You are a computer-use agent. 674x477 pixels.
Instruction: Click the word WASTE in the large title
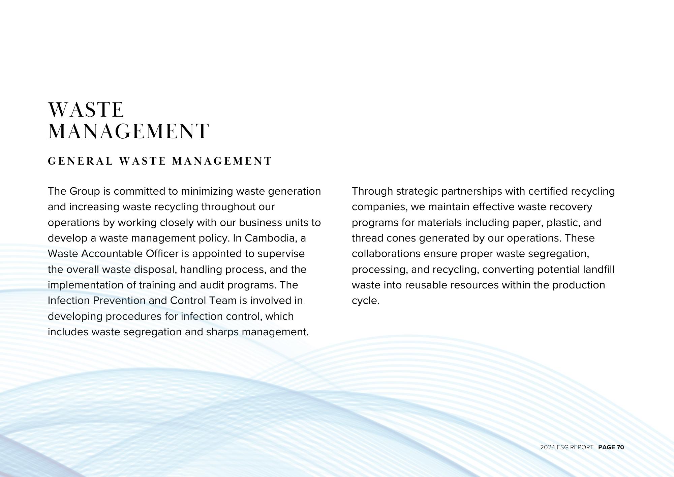point(86,110)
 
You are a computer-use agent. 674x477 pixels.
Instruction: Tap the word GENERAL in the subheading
point(80,161)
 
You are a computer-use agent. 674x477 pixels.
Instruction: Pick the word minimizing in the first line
point(207,191)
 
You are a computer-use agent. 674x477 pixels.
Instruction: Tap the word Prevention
point(119,301)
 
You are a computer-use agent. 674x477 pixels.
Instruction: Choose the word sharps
point(222,332)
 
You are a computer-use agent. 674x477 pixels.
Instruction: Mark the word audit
point(212,285)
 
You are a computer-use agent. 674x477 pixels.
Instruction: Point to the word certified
point(548,191)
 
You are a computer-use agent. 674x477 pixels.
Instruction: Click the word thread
point(367,238)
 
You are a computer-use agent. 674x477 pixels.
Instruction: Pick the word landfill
point(599,270)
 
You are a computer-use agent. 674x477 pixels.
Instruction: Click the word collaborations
point(386,254)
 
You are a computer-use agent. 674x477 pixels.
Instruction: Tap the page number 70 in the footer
point(620,447)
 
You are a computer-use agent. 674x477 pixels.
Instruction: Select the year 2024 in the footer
point(547,447)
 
